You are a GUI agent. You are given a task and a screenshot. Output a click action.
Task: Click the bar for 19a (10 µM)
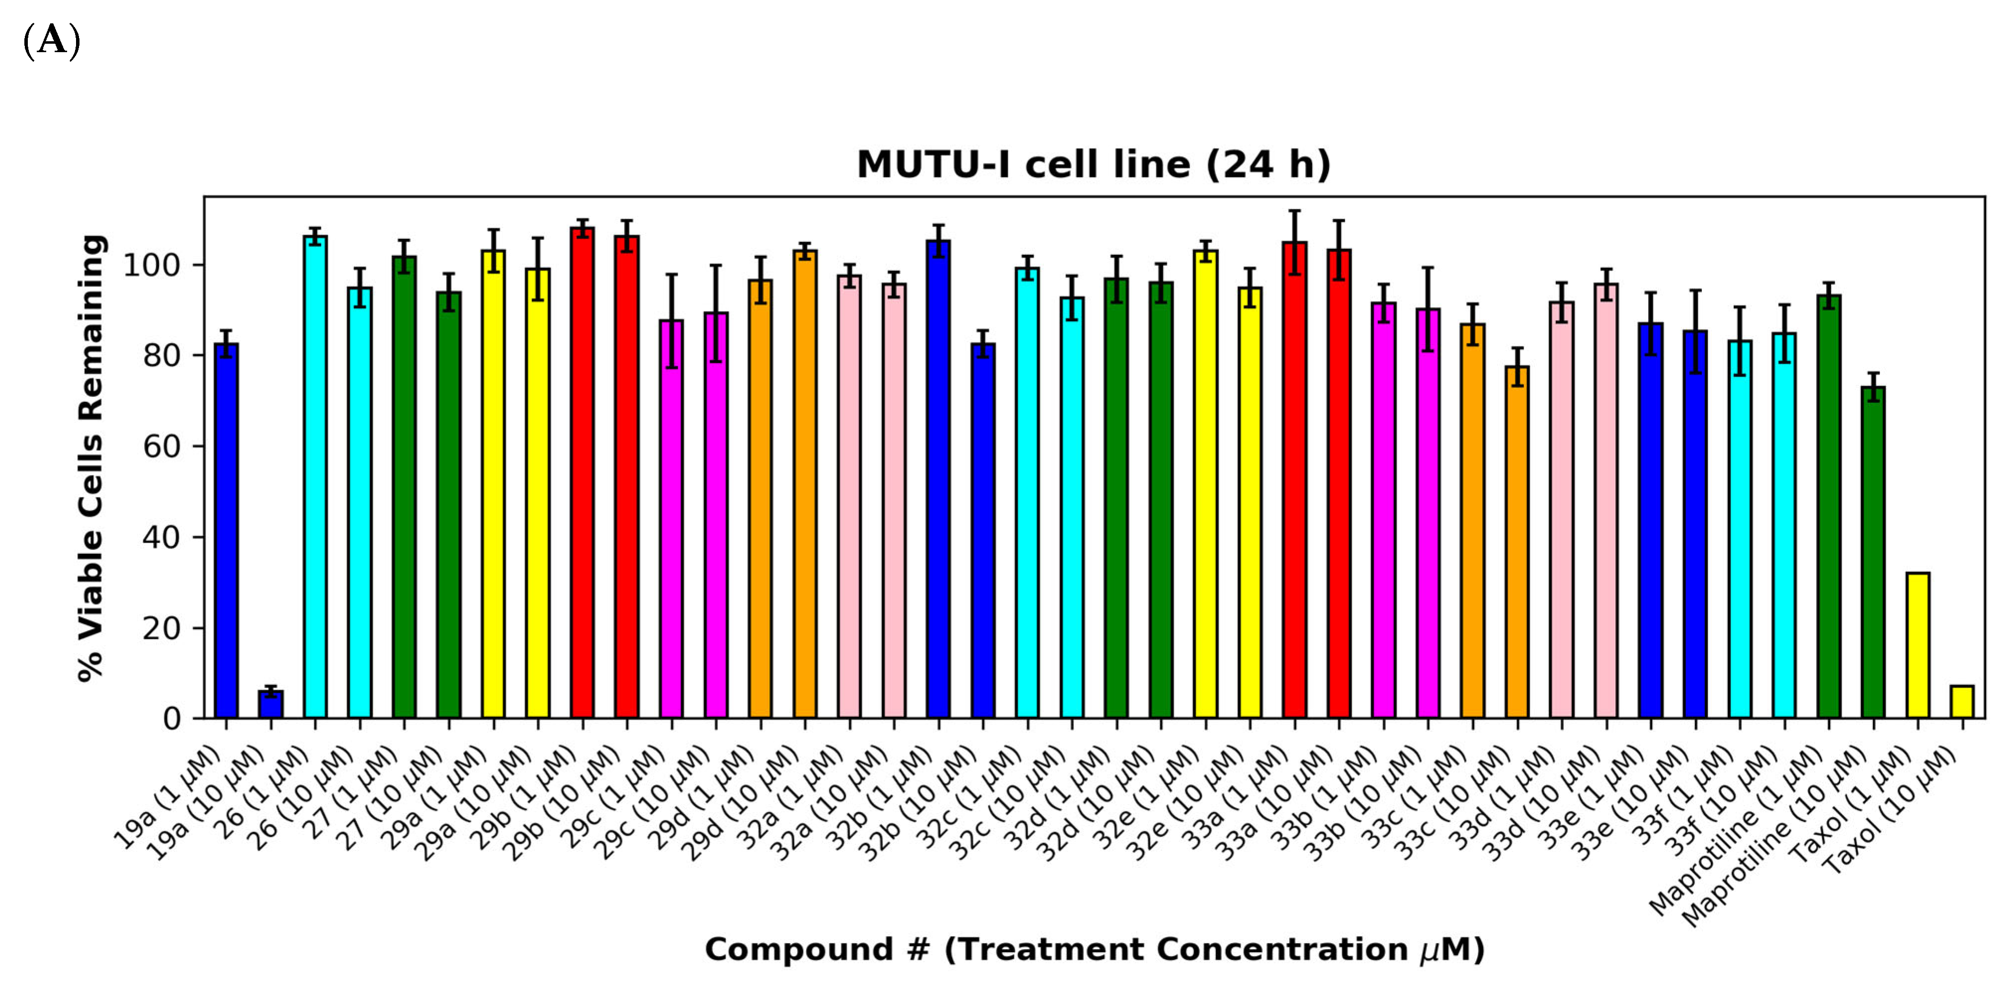pyautogui.click(x=271, y=704)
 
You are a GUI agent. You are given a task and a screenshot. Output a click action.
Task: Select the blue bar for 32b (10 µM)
pyautogui.click(x=983, y=530)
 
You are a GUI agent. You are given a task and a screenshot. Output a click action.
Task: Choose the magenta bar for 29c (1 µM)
pyautogui.click(x=671, y=518)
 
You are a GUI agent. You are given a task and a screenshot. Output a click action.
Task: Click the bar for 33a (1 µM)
pyautogui.click(x=1294, y=479)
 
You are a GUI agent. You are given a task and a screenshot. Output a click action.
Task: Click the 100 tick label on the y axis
pyautogui.click(x=152, y=265)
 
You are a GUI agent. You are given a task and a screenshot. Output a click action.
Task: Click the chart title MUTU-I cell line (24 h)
pyautogui.click(x=1093, y=165)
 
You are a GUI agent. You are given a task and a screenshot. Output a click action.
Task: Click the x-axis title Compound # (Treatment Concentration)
pyautogui.click(x=1093, y=950)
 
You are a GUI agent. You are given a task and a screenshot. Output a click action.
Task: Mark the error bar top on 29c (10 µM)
pyautogui.click(x=716, y=266)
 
